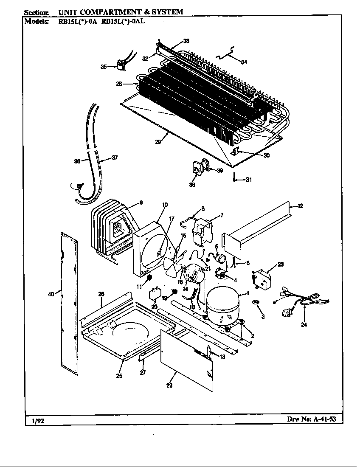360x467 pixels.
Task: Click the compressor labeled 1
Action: click(223, 304)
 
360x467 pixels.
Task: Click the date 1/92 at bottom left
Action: click(38, 421)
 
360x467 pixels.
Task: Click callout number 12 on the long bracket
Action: click(300, 206)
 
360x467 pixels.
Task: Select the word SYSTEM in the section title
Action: click(169, 12)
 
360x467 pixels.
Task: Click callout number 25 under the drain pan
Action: click(119, 376)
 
